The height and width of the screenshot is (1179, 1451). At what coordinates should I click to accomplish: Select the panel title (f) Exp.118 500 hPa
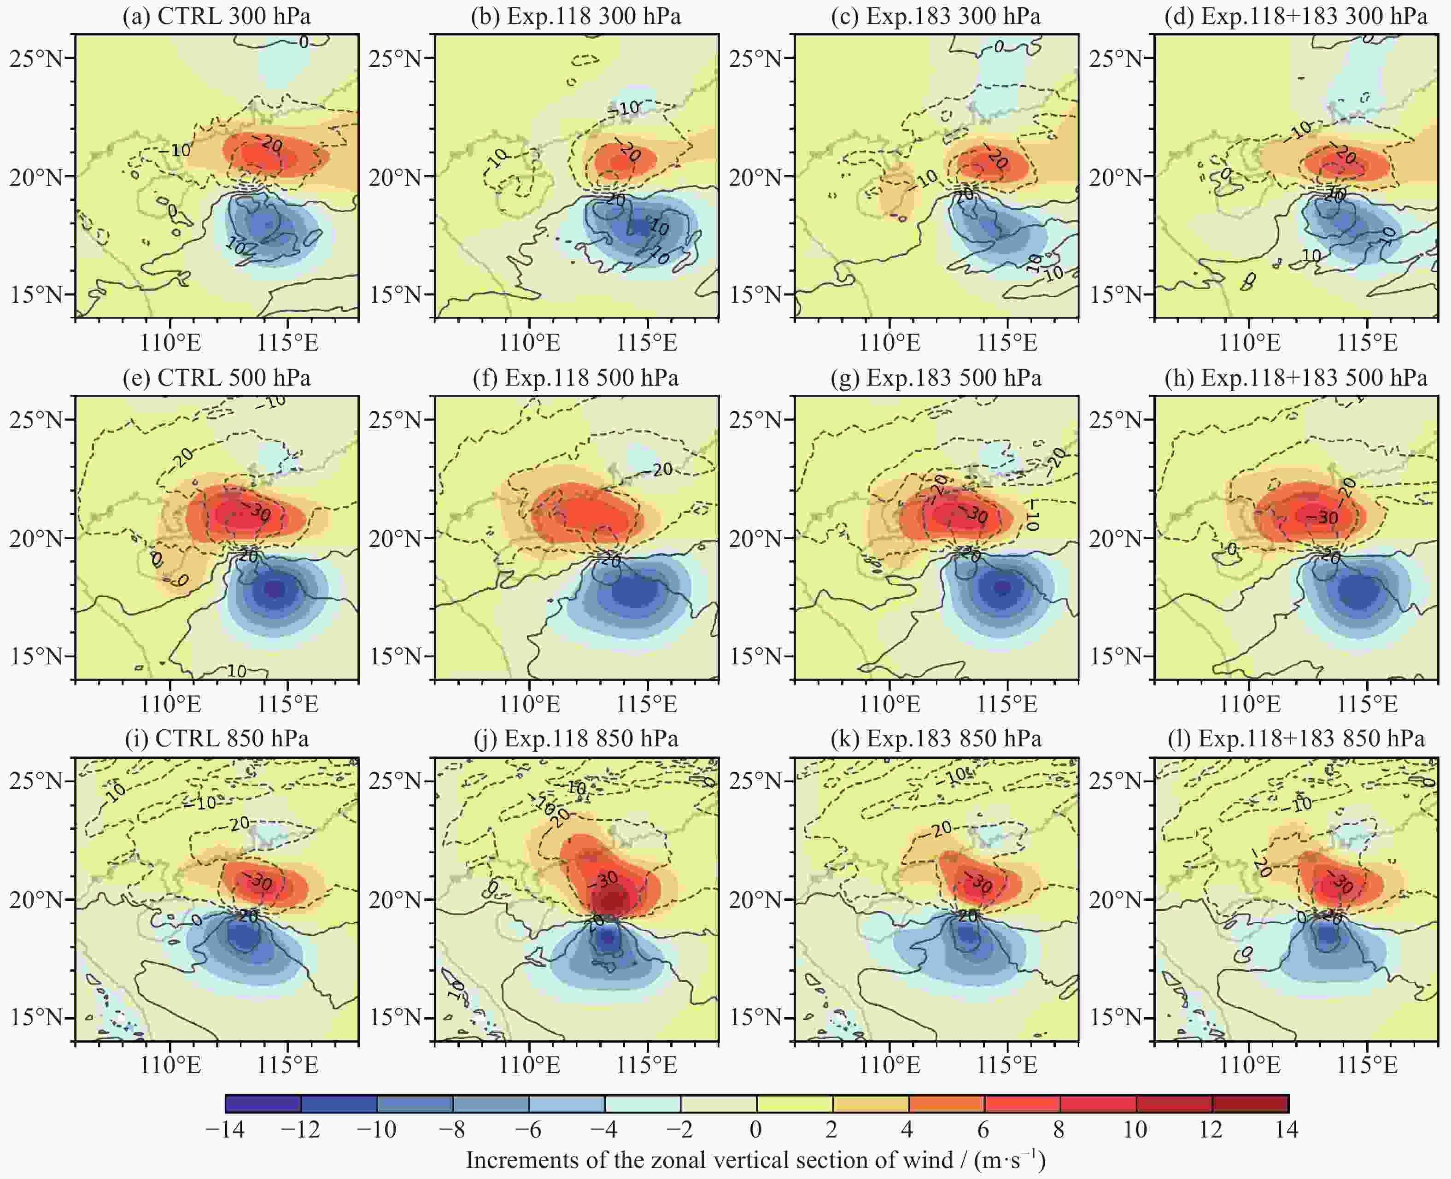click(x=576, y=378)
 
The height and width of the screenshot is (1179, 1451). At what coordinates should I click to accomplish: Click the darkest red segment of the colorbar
click(x=1250, y=1103)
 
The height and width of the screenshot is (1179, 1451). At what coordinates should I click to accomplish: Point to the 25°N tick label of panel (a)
click(x=35, y=59)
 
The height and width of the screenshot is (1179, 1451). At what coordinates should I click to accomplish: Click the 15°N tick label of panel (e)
click(x=35, y=657)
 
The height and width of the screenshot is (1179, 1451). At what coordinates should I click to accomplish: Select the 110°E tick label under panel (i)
click(x=170, y=1065)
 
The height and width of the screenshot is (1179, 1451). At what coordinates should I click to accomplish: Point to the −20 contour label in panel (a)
click(x=271, y=144)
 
